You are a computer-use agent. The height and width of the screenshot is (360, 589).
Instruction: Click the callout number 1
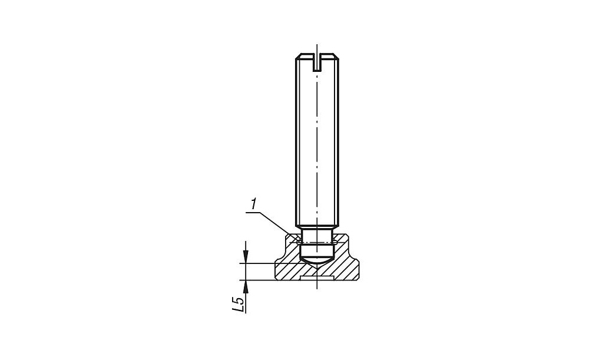(x=254, y=204)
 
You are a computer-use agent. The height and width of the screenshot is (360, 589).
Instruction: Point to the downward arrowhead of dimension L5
(x=245, y=257)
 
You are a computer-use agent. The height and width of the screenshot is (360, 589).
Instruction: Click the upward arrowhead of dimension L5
(x=245, y=286)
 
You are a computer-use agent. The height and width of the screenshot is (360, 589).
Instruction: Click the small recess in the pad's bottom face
(x=317, y=278)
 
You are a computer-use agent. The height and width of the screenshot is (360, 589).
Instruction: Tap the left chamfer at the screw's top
(x=298, y=57)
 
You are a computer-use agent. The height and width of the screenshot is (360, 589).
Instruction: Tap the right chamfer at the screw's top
(x=337, y=57)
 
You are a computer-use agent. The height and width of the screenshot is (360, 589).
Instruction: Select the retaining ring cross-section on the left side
(x=299, y=242)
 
